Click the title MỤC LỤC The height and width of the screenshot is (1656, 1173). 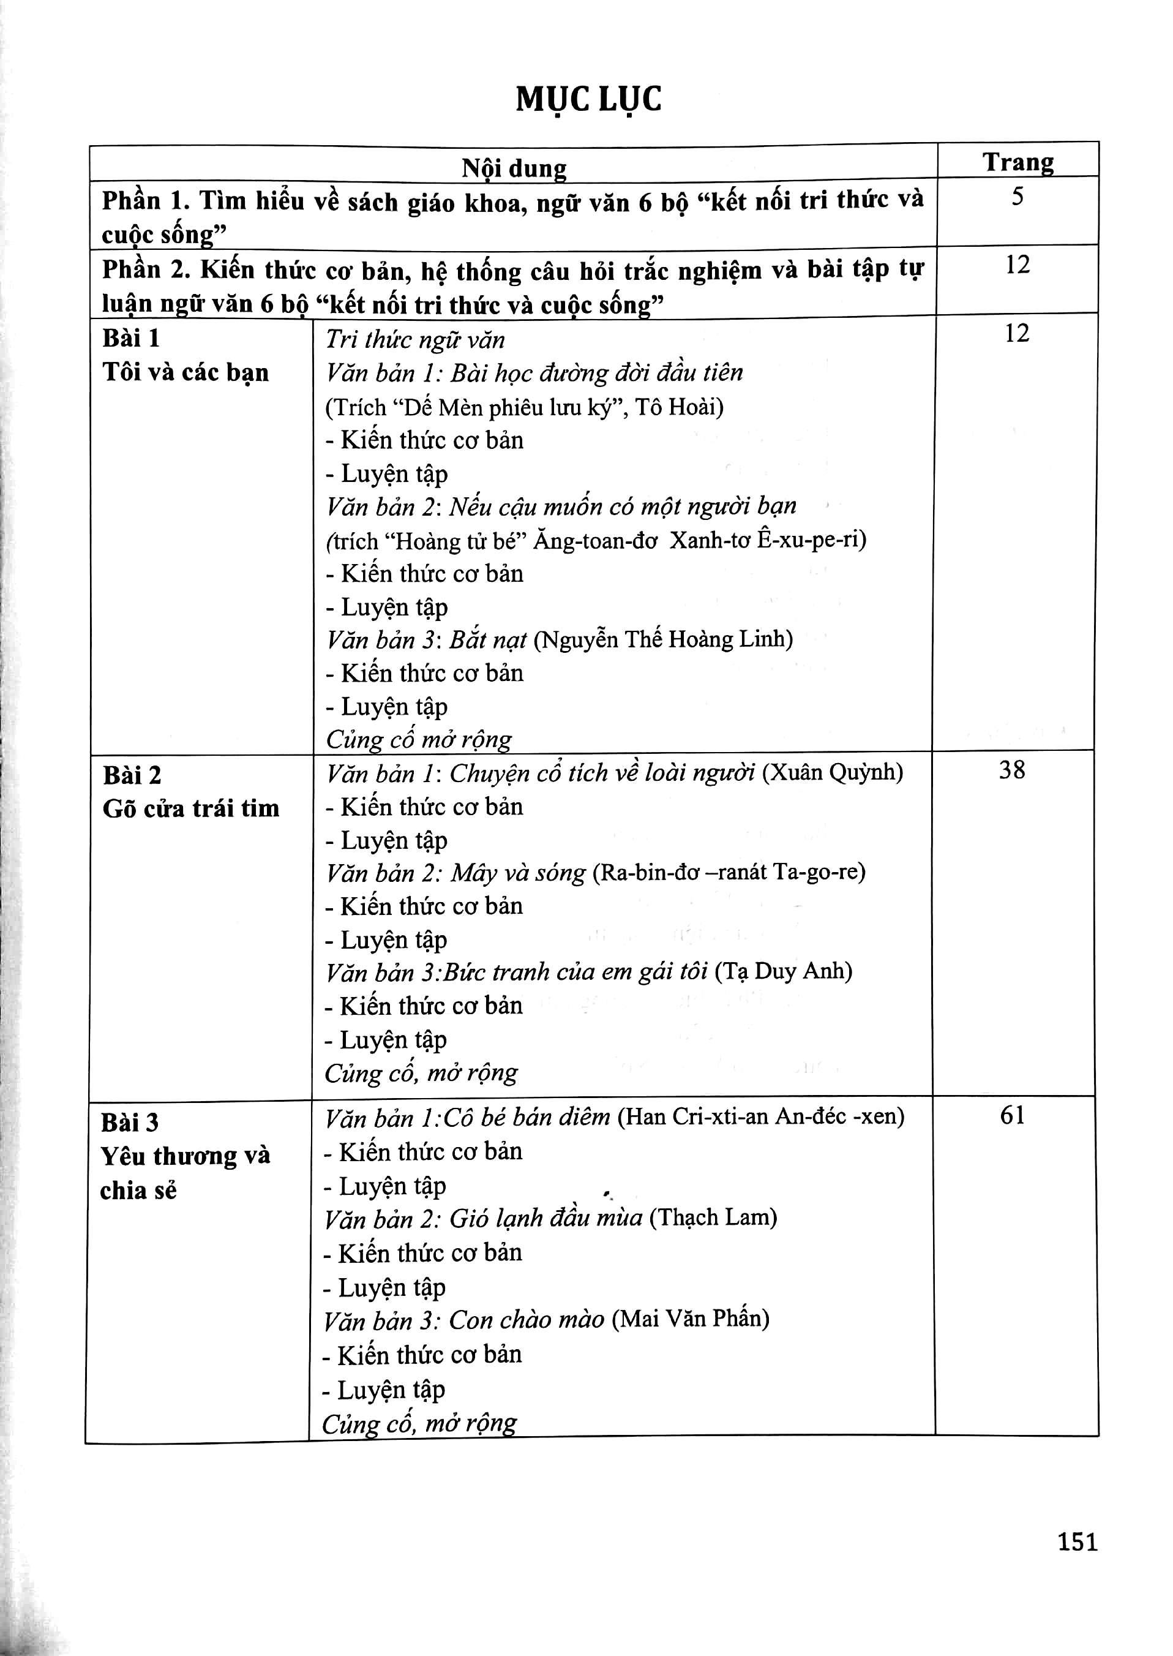coord(588,100)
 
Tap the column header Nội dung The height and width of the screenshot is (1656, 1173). coord(514,168)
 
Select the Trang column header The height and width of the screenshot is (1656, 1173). coord(1017,162)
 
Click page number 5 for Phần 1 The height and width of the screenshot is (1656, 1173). coord(1017,197)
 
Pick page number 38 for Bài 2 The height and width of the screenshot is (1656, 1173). coord(1012,770)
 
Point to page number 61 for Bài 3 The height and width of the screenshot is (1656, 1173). coord(1012,1116)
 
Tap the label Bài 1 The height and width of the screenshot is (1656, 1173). coord(131,338)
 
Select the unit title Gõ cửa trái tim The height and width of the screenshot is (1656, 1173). coord(190,808)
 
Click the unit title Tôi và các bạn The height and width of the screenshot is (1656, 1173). coord(186,373)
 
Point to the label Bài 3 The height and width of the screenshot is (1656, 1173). coord(129,1123)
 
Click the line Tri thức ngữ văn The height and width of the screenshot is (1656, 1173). coord(415,339)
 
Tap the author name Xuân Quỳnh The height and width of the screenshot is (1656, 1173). coord(833,772)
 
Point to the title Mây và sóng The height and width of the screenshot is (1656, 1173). coord(518,873)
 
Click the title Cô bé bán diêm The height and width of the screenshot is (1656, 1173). coord(527,1117)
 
